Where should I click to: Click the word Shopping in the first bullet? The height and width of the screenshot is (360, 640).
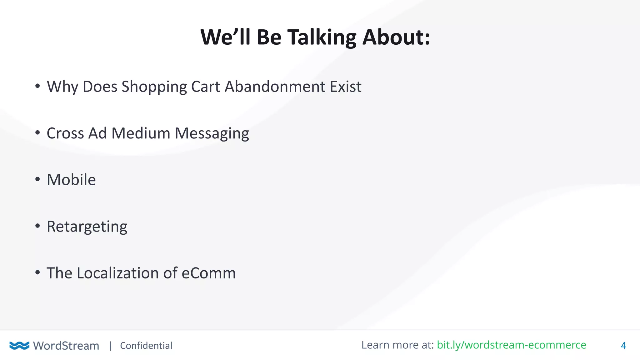point(154,87)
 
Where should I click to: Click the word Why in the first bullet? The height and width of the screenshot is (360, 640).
point(62,87)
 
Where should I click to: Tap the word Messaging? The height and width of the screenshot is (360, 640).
point(212,134)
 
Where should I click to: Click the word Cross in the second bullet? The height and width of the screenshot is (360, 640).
point(65,133)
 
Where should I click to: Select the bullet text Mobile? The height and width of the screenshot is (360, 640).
point(71,180)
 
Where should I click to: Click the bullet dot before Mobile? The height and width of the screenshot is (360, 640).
point(37,179)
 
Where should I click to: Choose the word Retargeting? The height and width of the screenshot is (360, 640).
point(87,227)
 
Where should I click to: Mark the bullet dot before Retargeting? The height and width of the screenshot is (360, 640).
point(37,226)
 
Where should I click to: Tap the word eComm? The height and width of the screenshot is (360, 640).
point(208,273)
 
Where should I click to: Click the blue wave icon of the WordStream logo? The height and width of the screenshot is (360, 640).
point(19,345)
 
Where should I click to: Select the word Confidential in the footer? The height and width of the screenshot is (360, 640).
point(146,346)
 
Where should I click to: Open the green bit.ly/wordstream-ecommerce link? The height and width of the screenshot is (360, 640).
point(511,345)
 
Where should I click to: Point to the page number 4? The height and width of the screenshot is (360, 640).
point(623,346)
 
